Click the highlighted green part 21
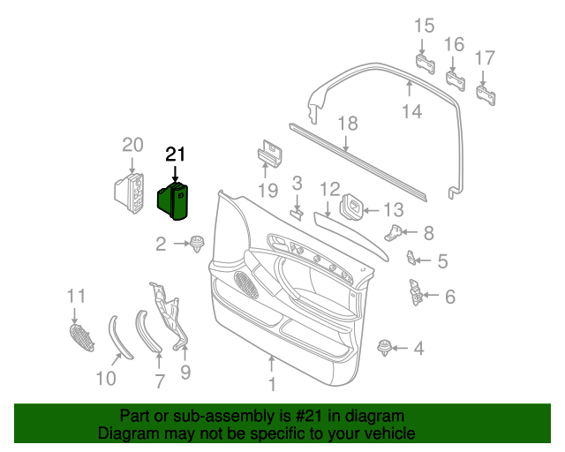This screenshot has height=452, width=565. pyautogui.click(x=175, y=201)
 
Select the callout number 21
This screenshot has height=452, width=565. pyautogui.click(x=177, y=154)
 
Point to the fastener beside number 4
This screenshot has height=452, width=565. pyautogui.click(x=385, y=347)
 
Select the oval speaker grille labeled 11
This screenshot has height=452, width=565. pyautogui.click(x=81, y=336)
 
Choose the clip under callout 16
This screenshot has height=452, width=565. pyautogui.click(x=456, y=80)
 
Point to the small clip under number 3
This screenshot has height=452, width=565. pyautogui.click(x=298, y=213)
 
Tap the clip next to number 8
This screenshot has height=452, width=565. pyautogui.click(x=399, y=232)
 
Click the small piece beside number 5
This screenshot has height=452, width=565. pyautogui.click(x=412, y=259)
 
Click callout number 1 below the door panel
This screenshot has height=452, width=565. pyautogui.click(x=272, y=385)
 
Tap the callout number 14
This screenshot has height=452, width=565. pyautogui.click(x=411, y=111)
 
